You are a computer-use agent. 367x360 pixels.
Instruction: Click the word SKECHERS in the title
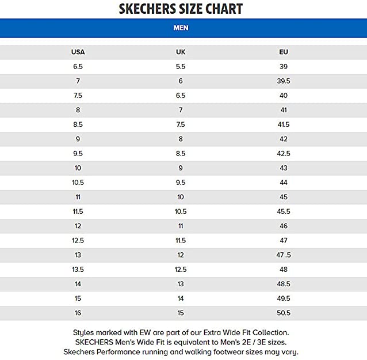point(146,9)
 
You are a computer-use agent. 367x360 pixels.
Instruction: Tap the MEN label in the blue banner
point(181,28)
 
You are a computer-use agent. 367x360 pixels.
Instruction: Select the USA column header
point(78,52)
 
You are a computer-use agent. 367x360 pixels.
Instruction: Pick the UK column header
point(181,52)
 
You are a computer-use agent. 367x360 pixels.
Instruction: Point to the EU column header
point(284,52)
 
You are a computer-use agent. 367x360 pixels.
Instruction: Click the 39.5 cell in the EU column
point(284,81)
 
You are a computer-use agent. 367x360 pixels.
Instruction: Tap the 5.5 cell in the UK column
point(181,67)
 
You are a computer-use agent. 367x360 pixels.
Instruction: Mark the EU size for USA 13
point(284,255)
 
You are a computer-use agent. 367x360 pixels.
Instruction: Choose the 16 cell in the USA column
point(78,313)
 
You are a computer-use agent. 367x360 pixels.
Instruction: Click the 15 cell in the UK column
point(181,313)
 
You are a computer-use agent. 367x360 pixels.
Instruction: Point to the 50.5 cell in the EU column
point(284,313)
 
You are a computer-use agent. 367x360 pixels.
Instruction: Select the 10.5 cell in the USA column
point(78,183)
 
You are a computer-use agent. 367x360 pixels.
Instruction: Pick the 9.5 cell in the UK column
point(181,183)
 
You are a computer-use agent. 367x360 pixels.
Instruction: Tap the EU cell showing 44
point(284,183)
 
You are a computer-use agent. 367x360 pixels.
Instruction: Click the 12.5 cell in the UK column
point(181,270)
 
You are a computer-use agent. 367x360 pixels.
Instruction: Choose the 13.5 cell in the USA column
point(78,270)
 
